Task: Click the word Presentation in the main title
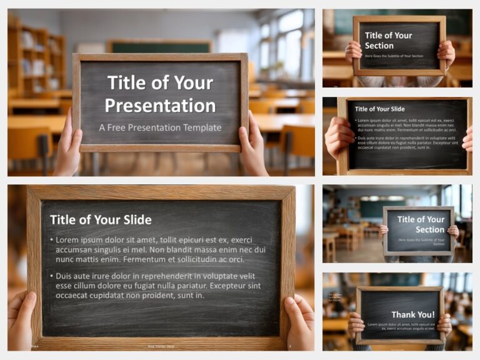(x=160, y=104)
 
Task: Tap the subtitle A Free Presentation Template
(x=160, y=127)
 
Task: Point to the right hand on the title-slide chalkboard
(x=253, y=150)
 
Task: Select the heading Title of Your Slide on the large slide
(x=101, y=219)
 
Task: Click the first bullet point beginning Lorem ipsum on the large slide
(x=160, y=249)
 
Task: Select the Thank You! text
(x=412, y=314)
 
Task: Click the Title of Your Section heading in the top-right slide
(x=388, y=40)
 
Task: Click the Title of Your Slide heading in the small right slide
(x=379, y=109)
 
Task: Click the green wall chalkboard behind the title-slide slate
(x=159, y=47)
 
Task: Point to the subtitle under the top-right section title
(x=394, y=56)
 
